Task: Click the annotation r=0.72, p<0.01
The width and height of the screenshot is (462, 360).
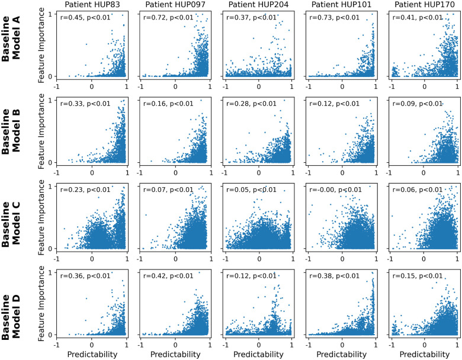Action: (168, 17)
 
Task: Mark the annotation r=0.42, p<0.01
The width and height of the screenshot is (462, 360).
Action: (168, 275)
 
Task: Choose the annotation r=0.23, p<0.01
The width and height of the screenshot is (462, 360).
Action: (85, 189)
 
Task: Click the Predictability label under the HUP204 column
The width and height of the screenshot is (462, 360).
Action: (258, 353)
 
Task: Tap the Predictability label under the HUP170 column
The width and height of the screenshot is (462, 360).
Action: (424, 353)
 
